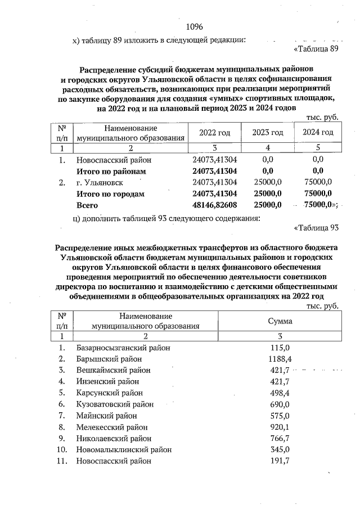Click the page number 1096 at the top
tap(194, 27)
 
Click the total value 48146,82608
tap(215, 205)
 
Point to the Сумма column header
tap(280, 321)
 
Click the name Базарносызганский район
tap(123, 348)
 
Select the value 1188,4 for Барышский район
tap(280, 359)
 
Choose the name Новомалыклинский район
tap(124, 449)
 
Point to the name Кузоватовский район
tap(114, 404)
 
